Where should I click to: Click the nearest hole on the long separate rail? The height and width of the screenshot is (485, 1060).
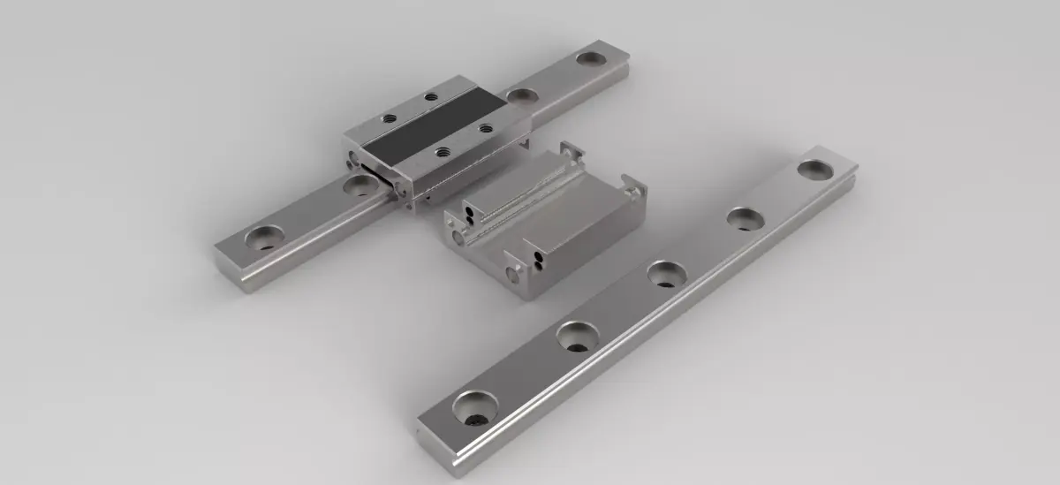(474, 407)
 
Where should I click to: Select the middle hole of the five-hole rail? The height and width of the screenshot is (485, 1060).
(666, 273)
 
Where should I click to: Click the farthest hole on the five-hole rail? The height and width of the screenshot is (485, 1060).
(814, 169)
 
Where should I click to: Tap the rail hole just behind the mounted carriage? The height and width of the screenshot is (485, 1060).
(522, 94)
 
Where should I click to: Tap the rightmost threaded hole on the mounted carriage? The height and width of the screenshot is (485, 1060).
(485, 128)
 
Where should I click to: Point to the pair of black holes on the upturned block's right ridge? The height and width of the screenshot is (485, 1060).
(538, 257)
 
